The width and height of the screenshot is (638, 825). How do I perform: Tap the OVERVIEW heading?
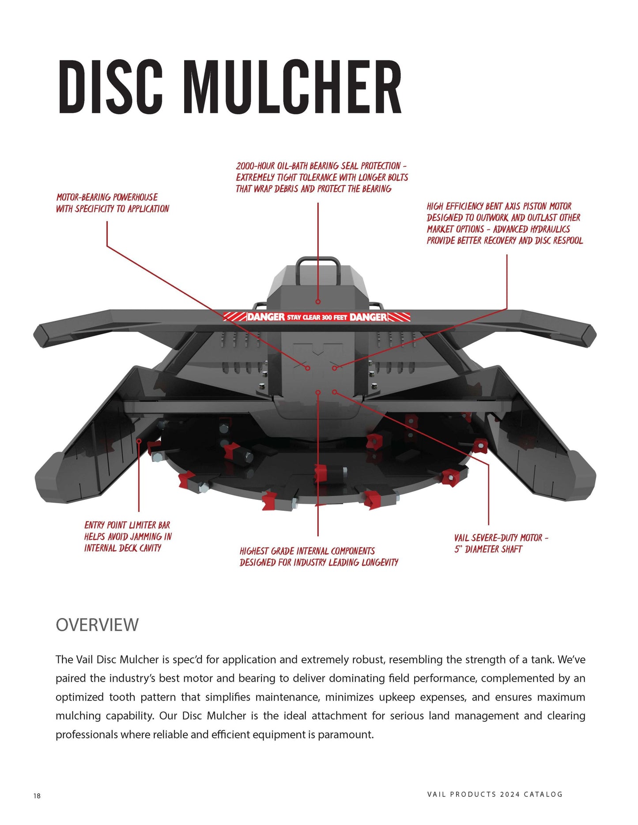pos(97,625)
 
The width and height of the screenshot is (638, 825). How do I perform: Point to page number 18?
pos(37,796)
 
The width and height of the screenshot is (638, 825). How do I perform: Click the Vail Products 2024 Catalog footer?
pos(495,794)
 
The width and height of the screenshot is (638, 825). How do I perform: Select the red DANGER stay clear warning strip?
pos(317,317)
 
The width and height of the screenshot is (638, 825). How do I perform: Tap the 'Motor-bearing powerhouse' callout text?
pos(112,203)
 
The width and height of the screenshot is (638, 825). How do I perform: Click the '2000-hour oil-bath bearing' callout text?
pos(321,177)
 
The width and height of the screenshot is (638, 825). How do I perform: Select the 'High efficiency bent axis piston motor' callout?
pos(504,223)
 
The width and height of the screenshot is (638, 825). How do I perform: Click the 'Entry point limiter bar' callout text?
pos(128,536)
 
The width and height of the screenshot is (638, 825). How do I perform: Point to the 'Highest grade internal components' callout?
pos(318,557)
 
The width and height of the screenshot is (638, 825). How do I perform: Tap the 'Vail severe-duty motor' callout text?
pos(501,544)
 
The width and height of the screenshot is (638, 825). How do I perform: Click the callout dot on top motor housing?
pos(318,302)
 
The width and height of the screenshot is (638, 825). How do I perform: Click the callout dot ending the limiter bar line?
pos(139,441)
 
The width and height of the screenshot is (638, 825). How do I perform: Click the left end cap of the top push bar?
pos(43,336)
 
